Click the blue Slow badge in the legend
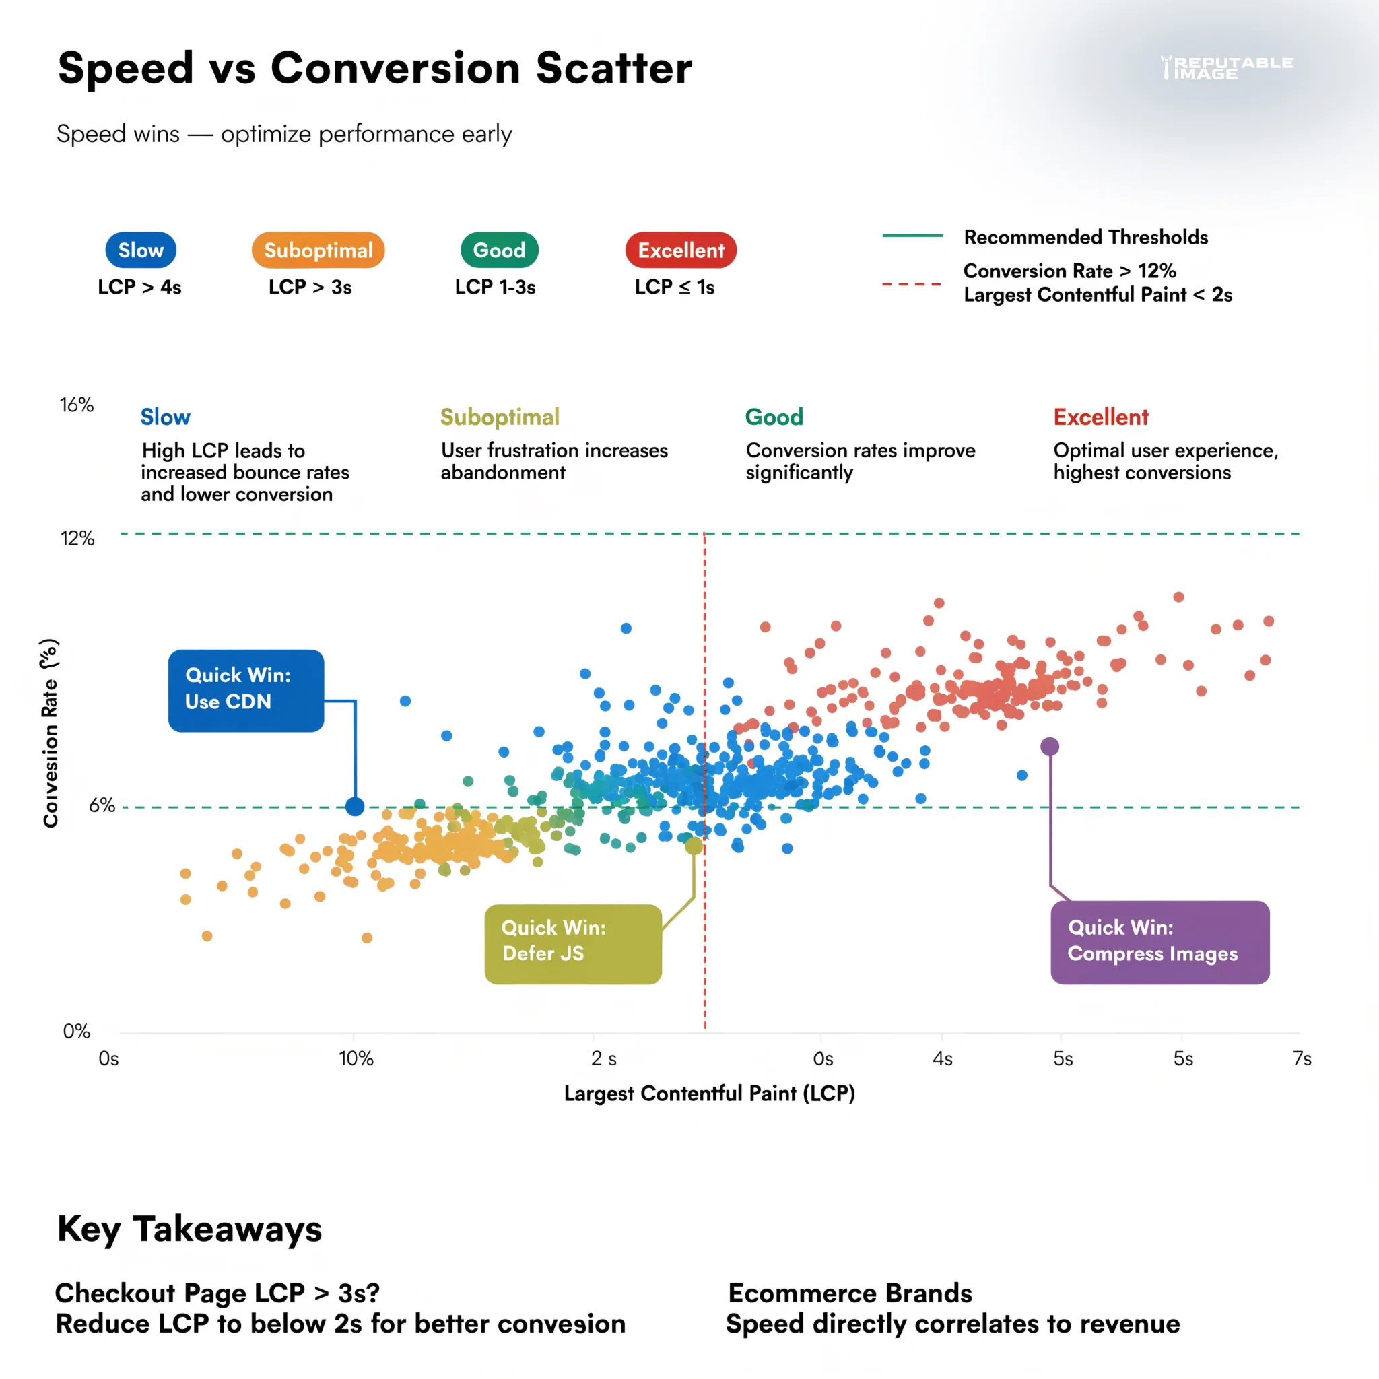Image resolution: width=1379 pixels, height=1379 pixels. (141, 250)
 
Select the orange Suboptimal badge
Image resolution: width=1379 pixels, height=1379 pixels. (318, 250)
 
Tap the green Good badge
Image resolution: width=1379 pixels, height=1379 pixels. (499, 250)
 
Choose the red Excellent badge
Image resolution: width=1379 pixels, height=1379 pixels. (680, 250)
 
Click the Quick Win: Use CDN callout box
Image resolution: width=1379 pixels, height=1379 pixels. (246, 689)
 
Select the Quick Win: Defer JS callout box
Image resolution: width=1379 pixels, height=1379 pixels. (572, 943)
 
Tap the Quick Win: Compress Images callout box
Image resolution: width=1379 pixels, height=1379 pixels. (1159, 942)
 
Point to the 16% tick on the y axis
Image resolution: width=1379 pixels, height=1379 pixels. (76, 405)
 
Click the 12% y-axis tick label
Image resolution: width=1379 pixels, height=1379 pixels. (77, 538)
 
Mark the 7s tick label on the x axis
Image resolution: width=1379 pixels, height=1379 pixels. (1302, 1058)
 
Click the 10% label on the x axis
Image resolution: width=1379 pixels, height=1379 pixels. (356, 1058)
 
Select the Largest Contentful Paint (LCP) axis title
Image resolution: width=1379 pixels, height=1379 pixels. (709, 1094)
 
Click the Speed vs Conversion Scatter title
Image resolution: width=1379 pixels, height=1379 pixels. (375, 69)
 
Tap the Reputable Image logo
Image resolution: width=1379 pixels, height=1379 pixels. (1226, 68)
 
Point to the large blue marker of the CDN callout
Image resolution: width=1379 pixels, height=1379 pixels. (355, 807)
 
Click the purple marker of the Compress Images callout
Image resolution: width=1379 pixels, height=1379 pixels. (1049, 747)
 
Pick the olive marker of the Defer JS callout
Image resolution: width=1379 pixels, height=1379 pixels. (694, 846)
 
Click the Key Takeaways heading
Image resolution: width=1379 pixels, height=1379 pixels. (189, 1229)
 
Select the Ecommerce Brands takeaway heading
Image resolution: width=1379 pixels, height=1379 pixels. (849, 1293)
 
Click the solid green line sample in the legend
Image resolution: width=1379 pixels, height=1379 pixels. (912, 236)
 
